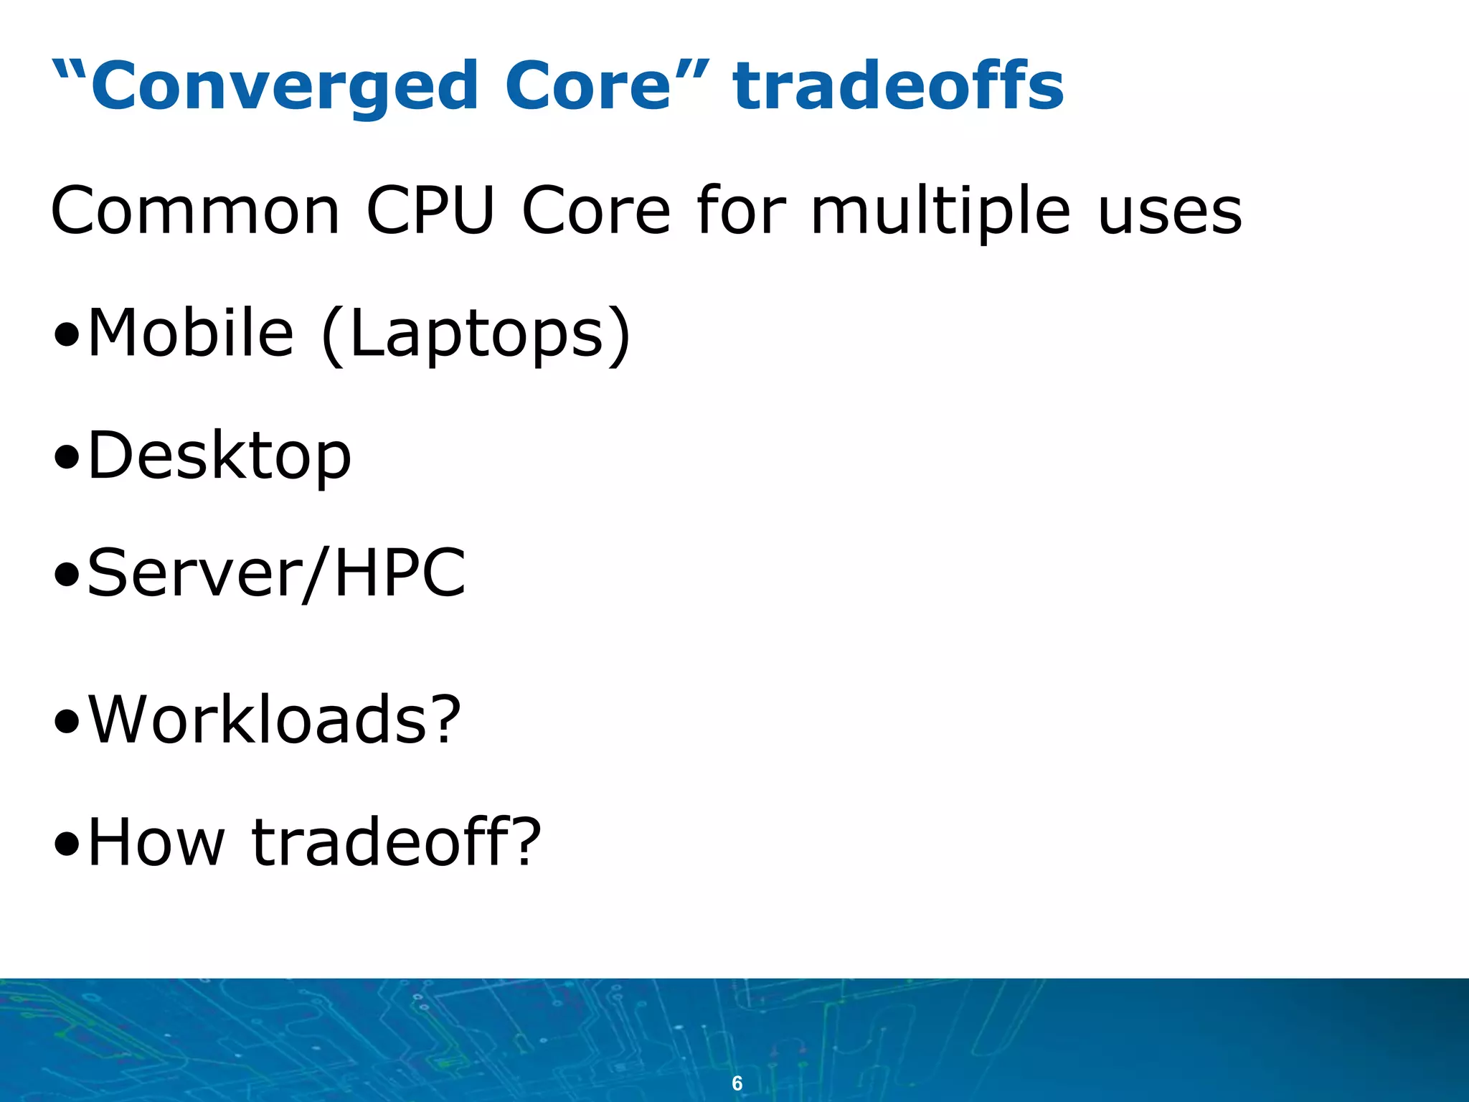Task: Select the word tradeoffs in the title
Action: click(898, 86)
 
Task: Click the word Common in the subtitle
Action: click(195, 211)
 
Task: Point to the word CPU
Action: click(430, 211)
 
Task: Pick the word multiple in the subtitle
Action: click(940, 212)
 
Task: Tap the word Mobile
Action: click(191, 333)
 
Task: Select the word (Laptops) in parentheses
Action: click(476, 334)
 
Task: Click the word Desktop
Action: click(219, 456)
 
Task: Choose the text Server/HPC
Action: click(277, 574)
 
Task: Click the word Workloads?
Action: click(275, 720)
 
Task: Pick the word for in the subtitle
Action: click(741, 211)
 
